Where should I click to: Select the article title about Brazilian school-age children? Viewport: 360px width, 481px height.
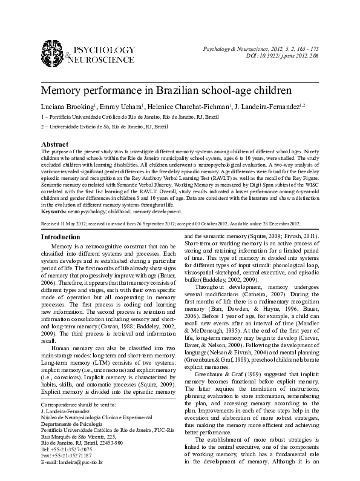tap(166, 91)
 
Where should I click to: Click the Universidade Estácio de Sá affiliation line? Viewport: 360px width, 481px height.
tap(103, 127)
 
